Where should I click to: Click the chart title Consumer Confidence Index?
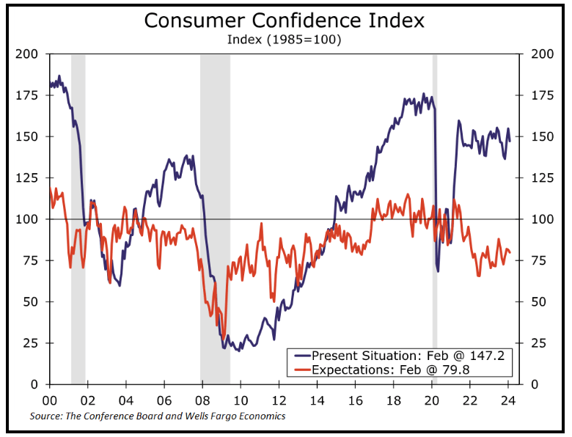(285, 20)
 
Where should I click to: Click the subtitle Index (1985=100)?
(285, 40)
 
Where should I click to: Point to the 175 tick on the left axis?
(30, 95)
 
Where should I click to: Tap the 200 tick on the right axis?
(540, 54)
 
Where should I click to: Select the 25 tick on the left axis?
(33, 343)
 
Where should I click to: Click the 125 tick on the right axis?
(540, 178)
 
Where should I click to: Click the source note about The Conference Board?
(157, 416)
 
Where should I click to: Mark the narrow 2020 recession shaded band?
(434, 220)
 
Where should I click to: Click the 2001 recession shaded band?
(78, 220)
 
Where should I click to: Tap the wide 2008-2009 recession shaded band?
(215, 220)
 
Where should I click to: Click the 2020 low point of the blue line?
(438, 271)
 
